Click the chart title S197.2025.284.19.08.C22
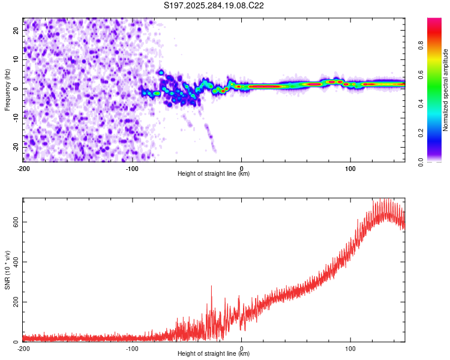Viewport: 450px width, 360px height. pos(214,5)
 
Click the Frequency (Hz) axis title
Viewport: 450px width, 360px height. pos(7,90)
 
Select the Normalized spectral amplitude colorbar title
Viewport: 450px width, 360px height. pos(446,90)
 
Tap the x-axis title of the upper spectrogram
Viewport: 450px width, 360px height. pos(214,174)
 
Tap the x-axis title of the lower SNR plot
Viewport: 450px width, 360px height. pos(214,354)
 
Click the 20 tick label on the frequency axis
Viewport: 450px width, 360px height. pos(16,30)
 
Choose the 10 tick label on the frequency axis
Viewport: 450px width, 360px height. pos(16,59)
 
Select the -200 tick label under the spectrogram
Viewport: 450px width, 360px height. pos(23,167)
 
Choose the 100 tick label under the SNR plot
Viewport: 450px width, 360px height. pos(350,348)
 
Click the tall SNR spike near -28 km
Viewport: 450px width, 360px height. pos(211,287)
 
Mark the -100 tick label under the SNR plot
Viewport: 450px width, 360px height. pos(132,348)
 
